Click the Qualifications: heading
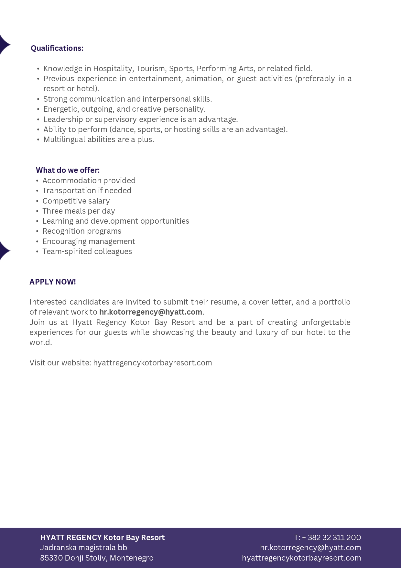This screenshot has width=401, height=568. [x=57, y=48]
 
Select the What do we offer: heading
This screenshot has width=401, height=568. [x=68, y=170]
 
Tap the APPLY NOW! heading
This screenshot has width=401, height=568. [x=53, y=282]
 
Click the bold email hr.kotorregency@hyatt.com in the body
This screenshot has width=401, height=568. [x=151, y=312]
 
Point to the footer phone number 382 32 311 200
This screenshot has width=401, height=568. [x=334, y=538]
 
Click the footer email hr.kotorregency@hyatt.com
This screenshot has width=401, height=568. [x=310, y=548]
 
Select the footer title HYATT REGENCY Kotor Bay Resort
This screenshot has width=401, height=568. [x=102, y=538]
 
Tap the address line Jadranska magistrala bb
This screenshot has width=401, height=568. [x=83, y=548]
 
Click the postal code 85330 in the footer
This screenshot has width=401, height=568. [x=51, y=558]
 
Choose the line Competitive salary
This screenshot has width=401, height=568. [x=76, y=201]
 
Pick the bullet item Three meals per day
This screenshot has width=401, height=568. [x=79, y=211]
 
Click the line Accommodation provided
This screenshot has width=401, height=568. [x=89, y=181]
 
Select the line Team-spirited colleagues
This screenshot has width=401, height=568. [x=87, y=251]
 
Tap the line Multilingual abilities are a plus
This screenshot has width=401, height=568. [x=99, y=139]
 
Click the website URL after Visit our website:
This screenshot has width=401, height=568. [x=152, y=363]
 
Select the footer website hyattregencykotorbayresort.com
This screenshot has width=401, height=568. [x=301, y=558]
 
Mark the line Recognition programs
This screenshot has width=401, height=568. [x=82, y=231]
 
